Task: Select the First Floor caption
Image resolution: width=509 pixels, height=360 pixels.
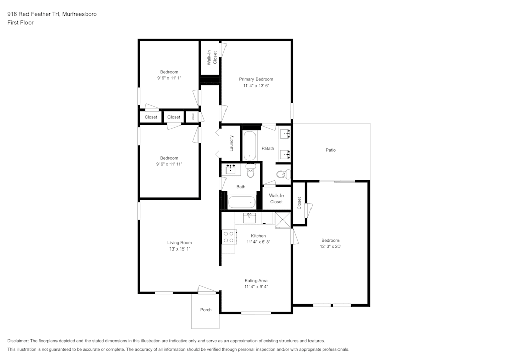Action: coord(20,23)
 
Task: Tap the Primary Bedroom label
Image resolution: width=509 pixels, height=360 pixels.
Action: coord(256,79)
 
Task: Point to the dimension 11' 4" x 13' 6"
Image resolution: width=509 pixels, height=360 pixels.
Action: coord(256,86)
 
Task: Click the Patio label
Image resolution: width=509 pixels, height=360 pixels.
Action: coord(331,150)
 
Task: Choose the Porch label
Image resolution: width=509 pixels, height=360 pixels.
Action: coord(206,310)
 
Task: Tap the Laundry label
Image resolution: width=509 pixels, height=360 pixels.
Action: coord(232,144)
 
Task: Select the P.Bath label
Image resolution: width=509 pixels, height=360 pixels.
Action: coord(268,149)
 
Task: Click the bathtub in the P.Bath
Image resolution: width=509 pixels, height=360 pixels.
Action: coord(249,146)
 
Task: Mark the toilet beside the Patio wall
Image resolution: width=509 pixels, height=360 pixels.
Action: coord(282,174)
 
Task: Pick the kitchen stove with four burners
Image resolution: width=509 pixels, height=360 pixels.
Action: coord(229,237)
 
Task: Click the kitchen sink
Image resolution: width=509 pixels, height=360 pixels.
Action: coord(249,218)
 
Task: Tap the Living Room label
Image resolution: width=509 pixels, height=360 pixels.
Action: coord(180,243)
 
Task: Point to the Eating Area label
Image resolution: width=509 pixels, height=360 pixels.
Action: coord(256,281)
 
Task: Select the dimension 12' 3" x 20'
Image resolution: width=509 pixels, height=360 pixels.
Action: coord(330,247)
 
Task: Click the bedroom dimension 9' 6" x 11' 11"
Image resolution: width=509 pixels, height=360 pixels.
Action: coord(169,164)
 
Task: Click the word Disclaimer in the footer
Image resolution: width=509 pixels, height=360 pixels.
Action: coord(18,341)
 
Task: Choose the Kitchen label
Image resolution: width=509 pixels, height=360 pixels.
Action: coord(259,236)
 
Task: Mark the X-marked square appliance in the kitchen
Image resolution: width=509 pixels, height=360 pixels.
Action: coord(281,218)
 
